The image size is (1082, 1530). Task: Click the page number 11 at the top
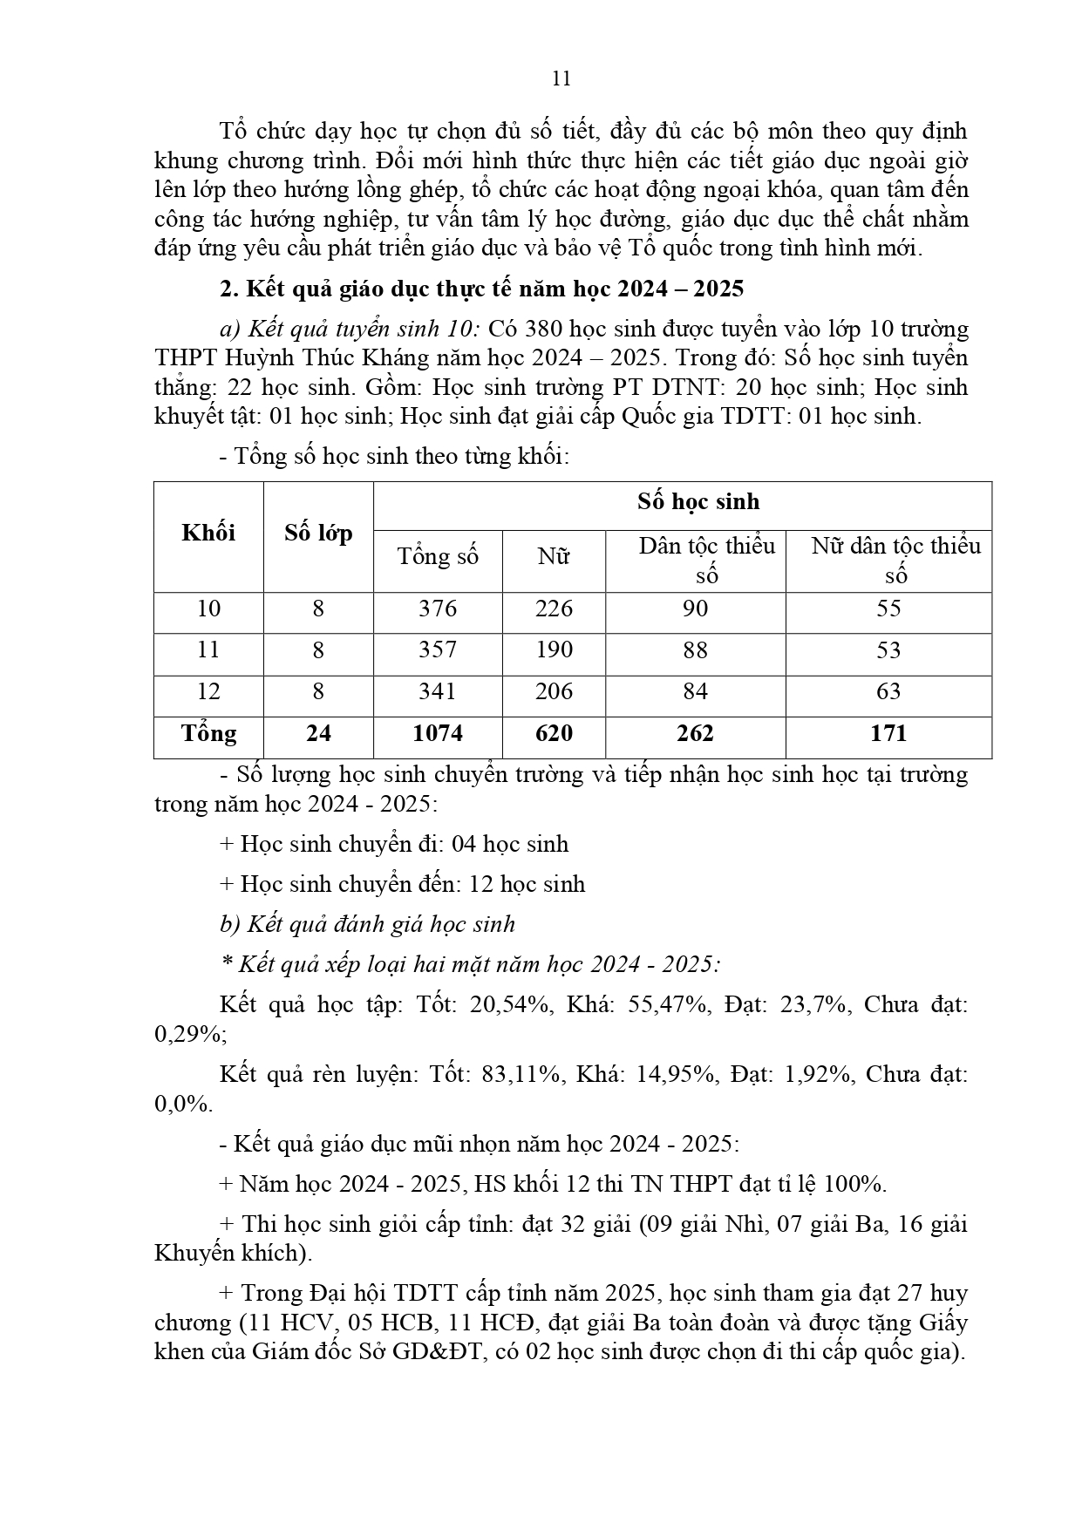pos(561,78)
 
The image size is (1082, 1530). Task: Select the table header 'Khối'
pos(208,533)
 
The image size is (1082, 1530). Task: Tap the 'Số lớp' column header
pos(318,533)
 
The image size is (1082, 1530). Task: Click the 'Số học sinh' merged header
pos(698,501)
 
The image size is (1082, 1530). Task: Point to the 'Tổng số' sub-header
pos(438,556)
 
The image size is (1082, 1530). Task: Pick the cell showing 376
pos(438,609)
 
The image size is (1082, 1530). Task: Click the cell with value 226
pos(554,609)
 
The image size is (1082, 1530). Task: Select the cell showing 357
pos(438,650)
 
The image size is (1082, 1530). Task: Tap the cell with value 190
pos(554,650)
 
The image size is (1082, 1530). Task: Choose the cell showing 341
pos(438,691)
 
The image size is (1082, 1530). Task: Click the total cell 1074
pos(438,733)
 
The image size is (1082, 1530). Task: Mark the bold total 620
pos(554,733)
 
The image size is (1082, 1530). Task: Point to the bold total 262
pos(695,733)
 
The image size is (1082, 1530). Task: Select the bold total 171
pos(888,733)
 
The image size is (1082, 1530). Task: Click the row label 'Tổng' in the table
pos(208,733)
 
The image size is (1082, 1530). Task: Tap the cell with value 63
pos(888,691)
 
